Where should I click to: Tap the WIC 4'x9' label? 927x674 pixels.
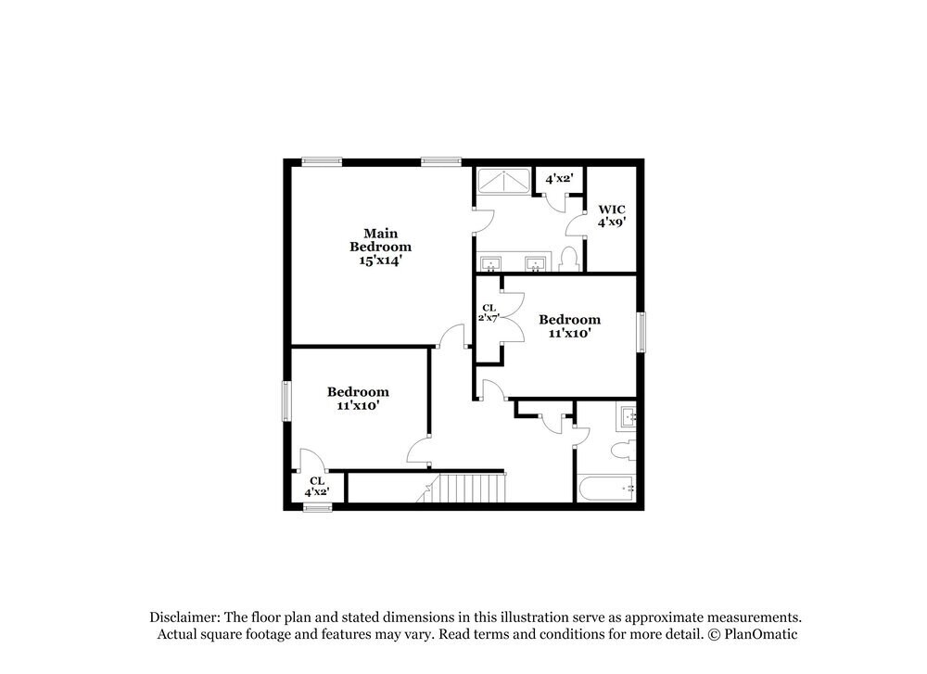click(x=612, y=216)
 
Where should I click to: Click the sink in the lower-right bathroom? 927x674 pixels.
click(x=629, y=418)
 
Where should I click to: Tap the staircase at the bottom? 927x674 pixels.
click(x=471, y=488)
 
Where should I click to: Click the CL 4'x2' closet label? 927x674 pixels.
click(x=317, y=487)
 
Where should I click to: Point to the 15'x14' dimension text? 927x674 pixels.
click(x=380, y=261)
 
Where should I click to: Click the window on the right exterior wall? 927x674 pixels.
click(x=640, y=332)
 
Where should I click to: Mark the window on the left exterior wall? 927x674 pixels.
click(x=287, y=401)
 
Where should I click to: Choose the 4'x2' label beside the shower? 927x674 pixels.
click(x=559, y=178)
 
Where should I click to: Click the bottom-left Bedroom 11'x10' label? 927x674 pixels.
click(x=357, y=399)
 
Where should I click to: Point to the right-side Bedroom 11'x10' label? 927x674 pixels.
click(x=569, y=325)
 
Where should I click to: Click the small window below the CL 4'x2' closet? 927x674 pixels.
click(x=317, y=507)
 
